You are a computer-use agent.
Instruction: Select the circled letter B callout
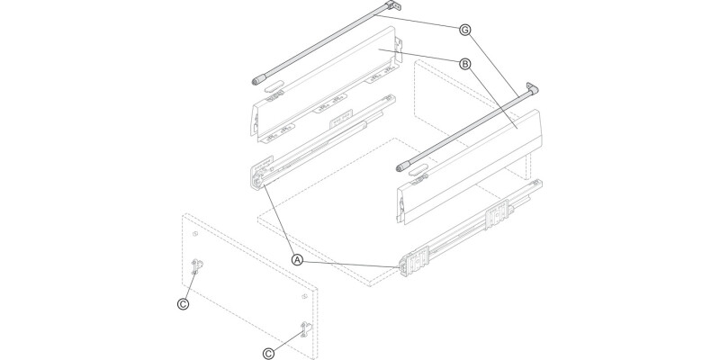(465, 64)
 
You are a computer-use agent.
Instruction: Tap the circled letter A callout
(296, 259)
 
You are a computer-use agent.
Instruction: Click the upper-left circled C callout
(183, 304)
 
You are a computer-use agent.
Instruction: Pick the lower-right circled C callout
(267, 352)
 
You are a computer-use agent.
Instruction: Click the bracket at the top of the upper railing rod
(388, 8)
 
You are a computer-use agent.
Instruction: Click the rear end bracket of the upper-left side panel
(397, 56)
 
